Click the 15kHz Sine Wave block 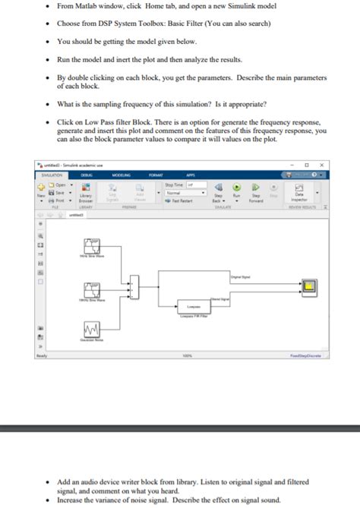point(91,292)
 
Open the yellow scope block point(309,286)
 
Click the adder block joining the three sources point(135,287)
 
